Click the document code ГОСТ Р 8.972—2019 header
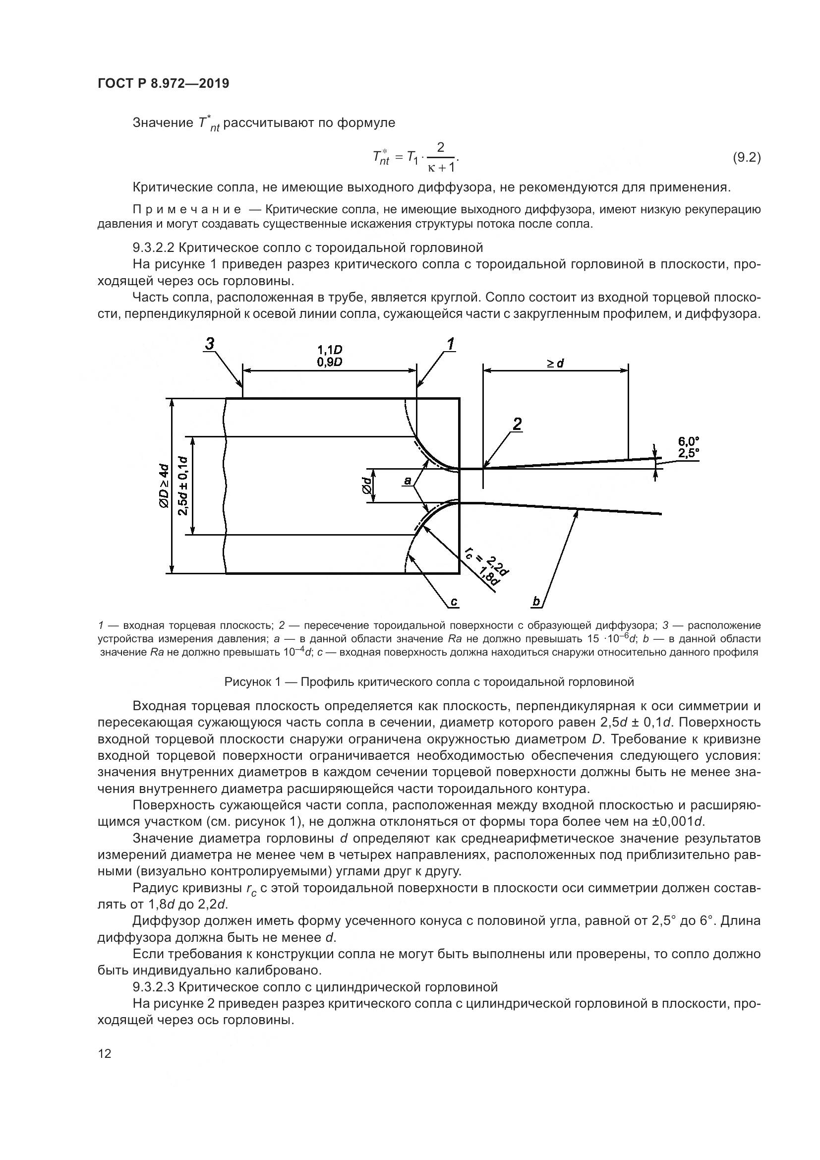163,84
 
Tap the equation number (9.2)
746,158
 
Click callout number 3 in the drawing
210,345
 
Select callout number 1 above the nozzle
449,345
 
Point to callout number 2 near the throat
517,424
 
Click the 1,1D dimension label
330,350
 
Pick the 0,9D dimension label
330,362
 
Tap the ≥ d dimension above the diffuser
555,363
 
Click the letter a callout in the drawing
408,482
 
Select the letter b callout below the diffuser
536,601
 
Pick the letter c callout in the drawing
454,601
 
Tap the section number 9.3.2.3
154,987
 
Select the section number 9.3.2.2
154,247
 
